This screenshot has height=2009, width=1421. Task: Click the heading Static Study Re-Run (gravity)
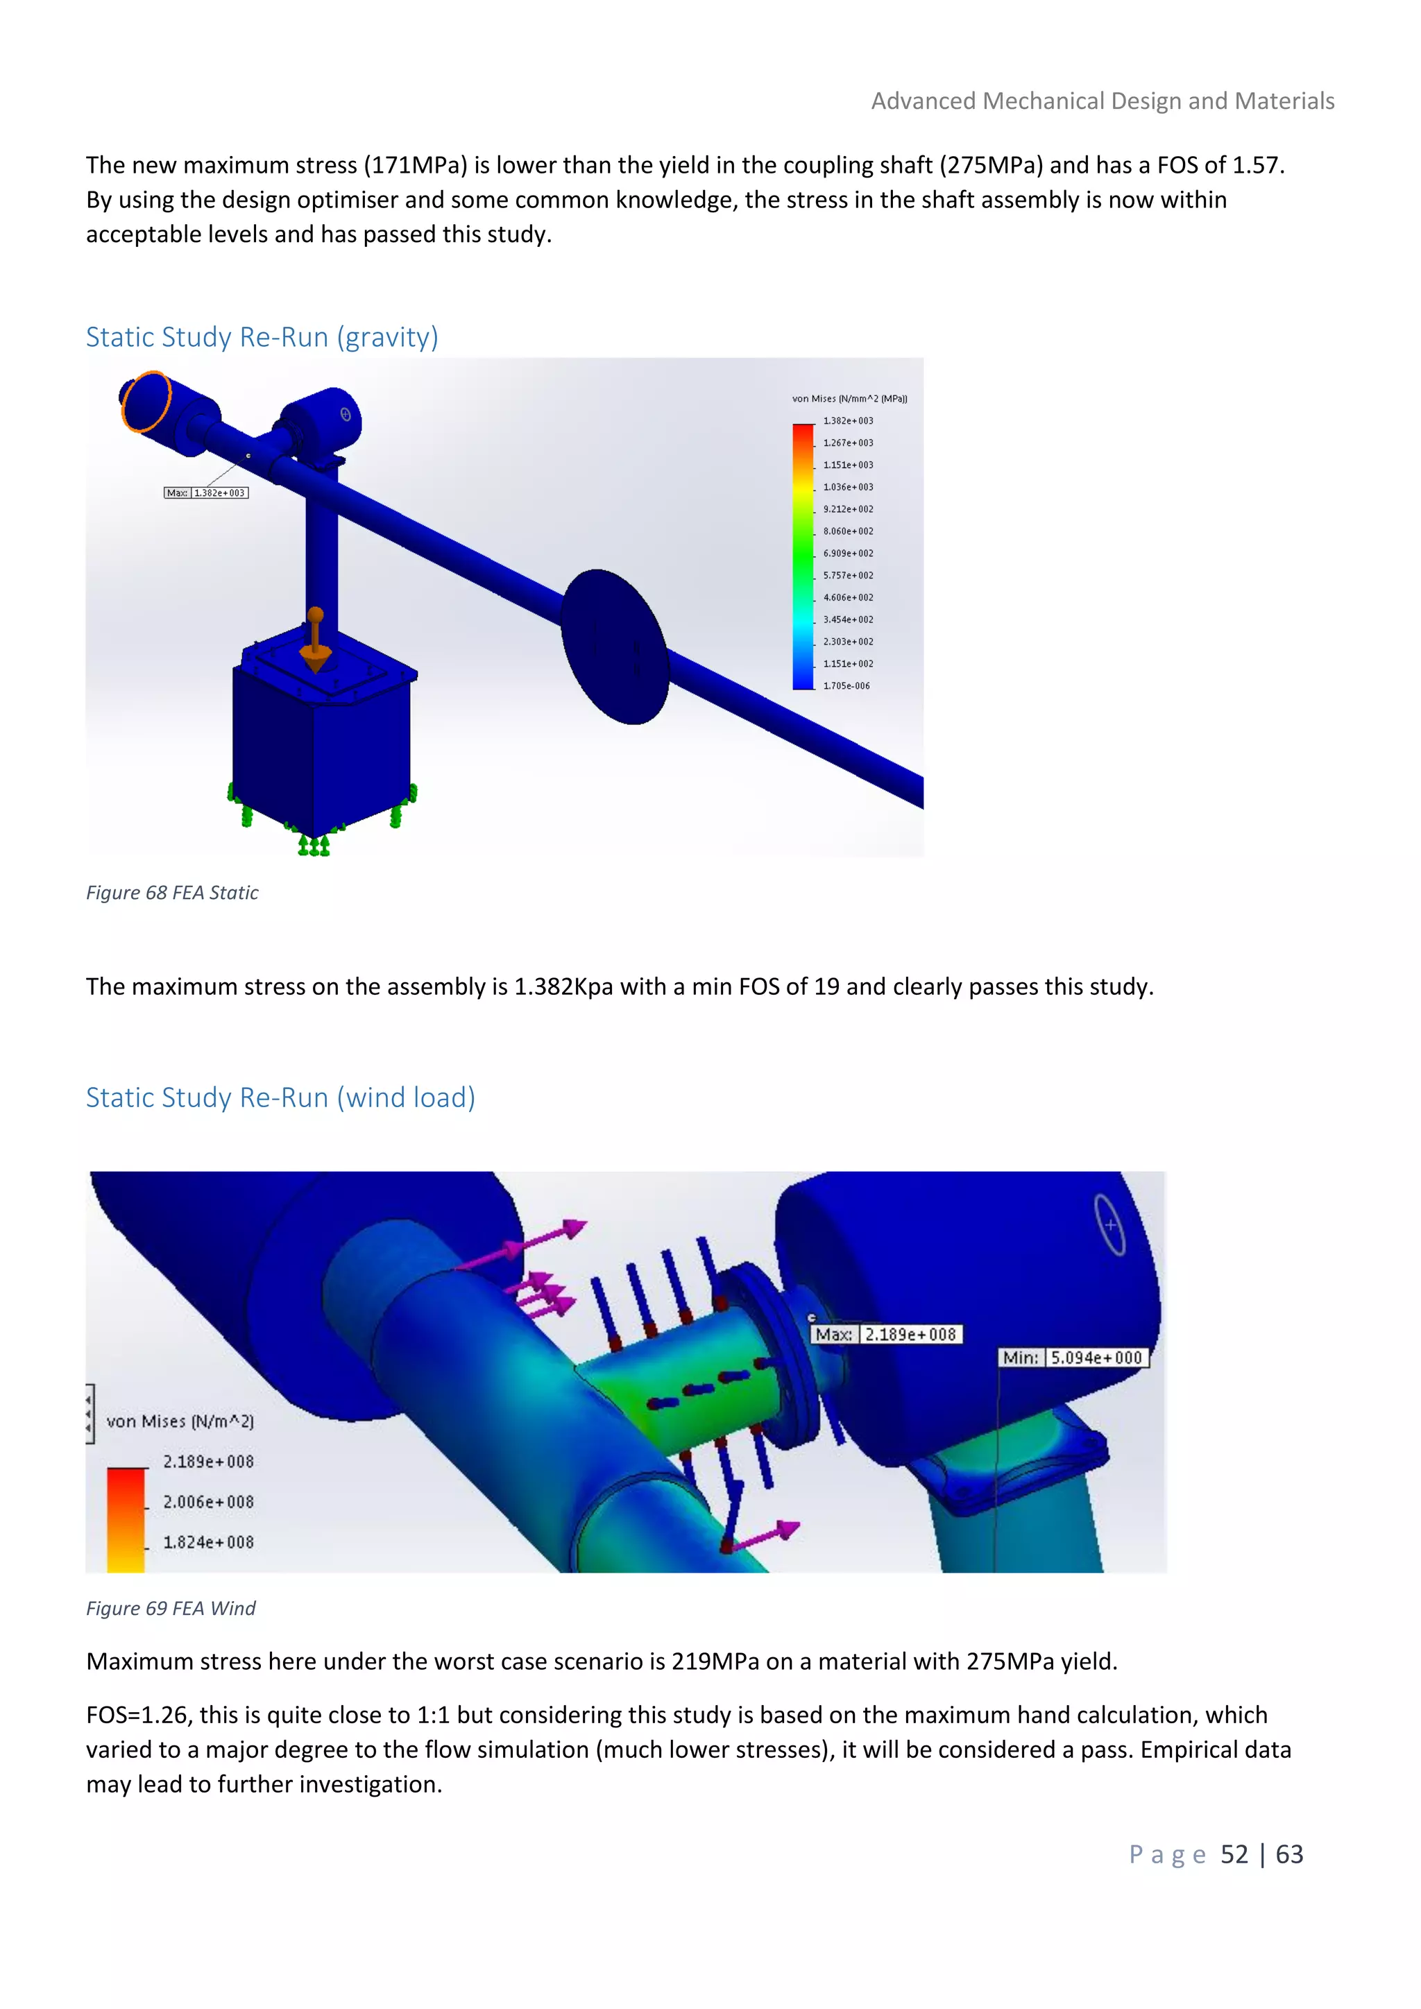pyautogui.click(x=262, y=337)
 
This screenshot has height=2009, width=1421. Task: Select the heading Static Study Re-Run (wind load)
pyautogui.click(x=280, y=1097)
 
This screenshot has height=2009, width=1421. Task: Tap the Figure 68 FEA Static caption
pyautogui.click(x=171, y=893)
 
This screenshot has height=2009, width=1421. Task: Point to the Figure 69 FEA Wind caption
pyautogui.click(x=171, y=1608)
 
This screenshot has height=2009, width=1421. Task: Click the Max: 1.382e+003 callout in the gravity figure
pyautogui.click(x=207, y=493)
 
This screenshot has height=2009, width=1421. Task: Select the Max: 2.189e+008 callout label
pyautogui.click(x=886, y=1335)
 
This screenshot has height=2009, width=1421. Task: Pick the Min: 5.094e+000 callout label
pyautogui.click(x=1073, y=1358)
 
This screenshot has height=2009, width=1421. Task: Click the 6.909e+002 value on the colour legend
pyautogui.click(x=847, y=553)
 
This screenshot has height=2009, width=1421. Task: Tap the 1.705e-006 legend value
pyautogui.click(x=846, y=686)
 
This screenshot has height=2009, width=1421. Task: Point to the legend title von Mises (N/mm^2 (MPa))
pyautogui.click(x=849, y=399)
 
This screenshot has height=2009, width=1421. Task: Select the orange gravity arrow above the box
pyautogui.click(x=315, y=640)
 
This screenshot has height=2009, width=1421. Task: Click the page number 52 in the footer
pyautogui.click(x=1234, y=1854)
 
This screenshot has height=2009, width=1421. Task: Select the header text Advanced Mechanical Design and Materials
pyautogui.click(x=1103, y=101)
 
